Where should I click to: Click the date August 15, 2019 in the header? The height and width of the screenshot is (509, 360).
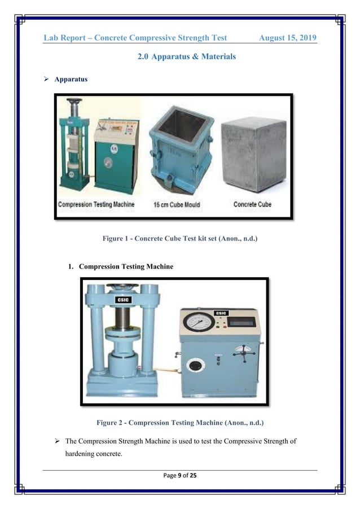pyautogui.click(x=287, y=38)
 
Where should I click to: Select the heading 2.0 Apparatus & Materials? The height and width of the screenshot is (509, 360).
pyautogui.click(x=187, y=57)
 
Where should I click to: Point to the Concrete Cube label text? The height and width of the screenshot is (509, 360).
pyautogui.click(x=252, y=204)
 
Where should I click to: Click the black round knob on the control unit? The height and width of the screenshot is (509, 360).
pyautogui.click(x=195, y=365)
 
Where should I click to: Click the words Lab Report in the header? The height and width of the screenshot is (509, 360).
pyautogui.click(x=68, y=38)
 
